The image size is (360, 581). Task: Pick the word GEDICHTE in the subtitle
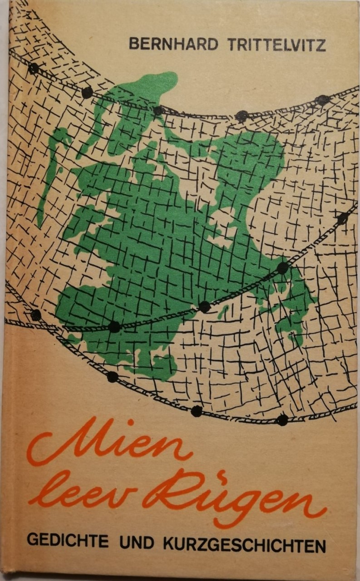click(68, 543)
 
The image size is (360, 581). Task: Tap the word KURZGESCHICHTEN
click(246, 543)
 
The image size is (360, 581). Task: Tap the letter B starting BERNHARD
click(134, 44)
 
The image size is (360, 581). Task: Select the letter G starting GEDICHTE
click(32, 543)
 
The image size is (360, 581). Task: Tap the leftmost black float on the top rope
click(33, 69)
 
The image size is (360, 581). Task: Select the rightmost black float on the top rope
click(323, 99)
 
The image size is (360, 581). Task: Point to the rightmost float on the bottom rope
click(282, 420)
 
